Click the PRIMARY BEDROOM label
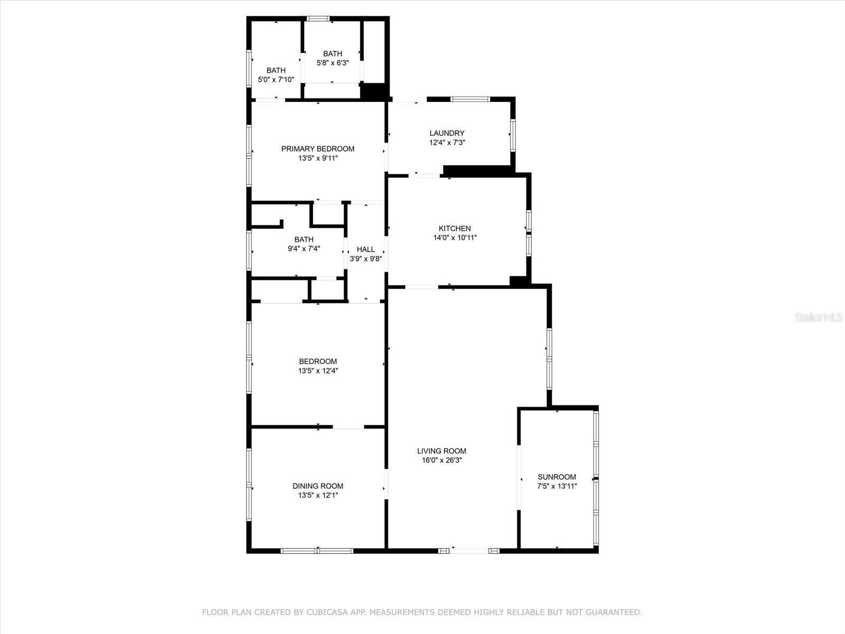317,148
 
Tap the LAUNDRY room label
447,133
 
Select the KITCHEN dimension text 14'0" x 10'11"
455,238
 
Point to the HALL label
365,249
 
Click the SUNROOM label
557,477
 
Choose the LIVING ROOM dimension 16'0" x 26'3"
442,460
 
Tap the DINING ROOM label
317,486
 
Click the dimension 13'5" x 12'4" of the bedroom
317,371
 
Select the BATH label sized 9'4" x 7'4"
304,239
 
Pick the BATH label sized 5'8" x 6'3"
332,53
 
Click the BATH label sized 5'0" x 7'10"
276,70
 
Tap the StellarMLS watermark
819,318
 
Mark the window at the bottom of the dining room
317,551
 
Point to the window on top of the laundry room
470,99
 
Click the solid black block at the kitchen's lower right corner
519,281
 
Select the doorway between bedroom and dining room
348,427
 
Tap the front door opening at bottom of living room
469,551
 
